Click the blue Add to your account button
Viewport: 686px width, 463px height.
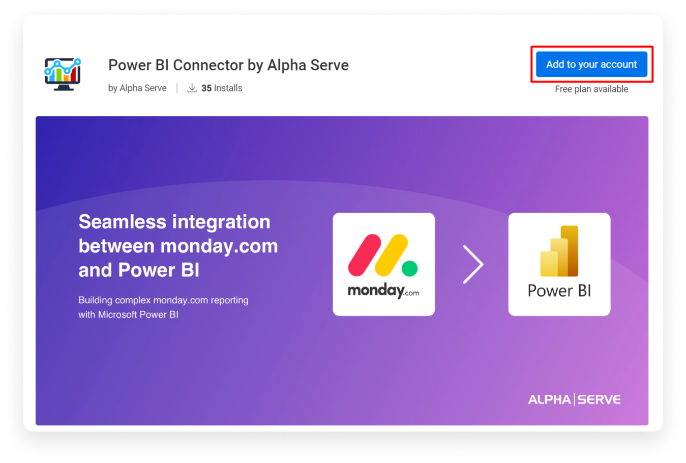click(x=591, y=65)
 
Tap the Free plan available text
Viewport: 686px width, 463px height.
click(x=591, y=89)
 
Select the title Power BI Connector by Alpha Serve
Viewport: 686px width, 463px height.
click(x=228, y=65)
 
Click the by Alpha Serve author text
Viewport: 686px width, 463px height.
click(x=137, y=88)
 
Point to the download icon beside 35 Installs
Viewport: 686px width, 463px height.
click(x=192, y=88)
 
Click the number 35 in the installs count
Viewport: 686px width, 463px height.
click(x=206, y=88)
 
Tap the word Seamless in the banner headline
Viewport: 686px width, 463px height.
click(x=123, y=222)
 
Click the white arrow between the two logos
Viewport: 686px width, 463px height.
click(x=473, y=264)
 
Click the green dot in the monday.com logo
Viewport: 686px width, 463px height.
click(x=410, y=268)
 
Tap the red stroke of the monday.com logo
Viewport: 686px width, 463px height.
click(x=365, y=255)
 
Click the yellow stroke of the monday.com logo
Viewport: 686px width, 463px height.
click(x=391, y=255)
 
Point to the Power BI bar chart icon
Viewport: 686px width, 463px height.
click(x=559, y=251)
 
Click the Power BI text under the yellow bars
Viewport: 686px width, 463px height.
click(x=559, y=291)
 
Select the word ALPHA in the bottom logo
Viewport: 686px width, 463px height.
click(x=549, y=400)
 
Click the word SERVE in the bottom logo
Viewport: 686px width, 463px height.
click(x=599, y=400)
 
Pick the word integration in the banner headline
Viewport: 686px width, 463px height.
click(x=222, y=222)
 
